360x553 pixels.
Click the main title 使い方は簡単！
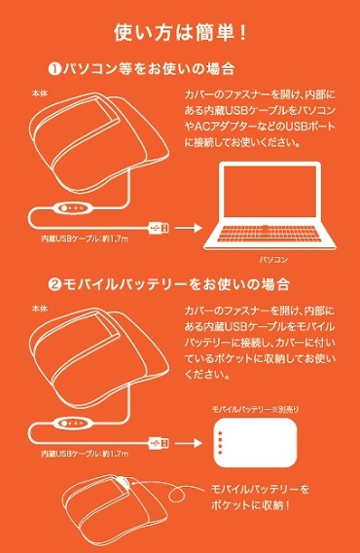pos(180,31)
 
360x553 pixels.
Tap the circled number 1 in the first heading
pos(54,69)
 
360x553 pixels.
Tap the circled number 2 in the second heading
pos(54,284)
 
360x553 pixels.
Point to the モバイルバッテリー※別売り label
pos(256,412)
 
